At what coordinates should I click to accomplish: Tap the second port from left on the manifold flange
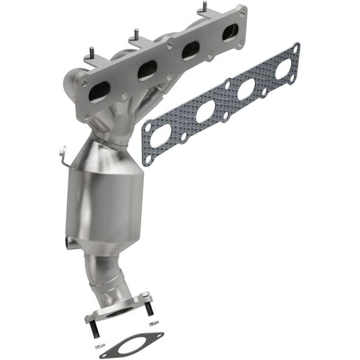(x=148, y=70)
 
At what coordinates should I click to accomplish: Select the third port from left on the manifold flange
(x=191, y=50)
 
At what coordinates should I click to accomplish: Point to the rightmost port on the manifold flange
(x=229, y=32)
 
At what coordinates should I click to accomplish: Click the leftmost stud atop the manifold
(x=92, y=53)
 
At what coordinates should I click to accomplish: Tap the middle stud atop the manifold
(x=136, y=34)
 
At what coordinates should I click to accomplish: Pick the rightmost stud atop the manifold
(x=204, y=7)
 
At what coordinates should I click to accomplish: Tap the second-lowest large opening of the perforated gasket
(x=205, y=111)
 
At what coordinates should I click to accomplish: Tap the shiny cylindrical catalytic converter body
(x=105, y=206)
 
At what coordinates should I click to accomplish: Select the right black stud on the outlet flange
(x=149, y=309)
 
